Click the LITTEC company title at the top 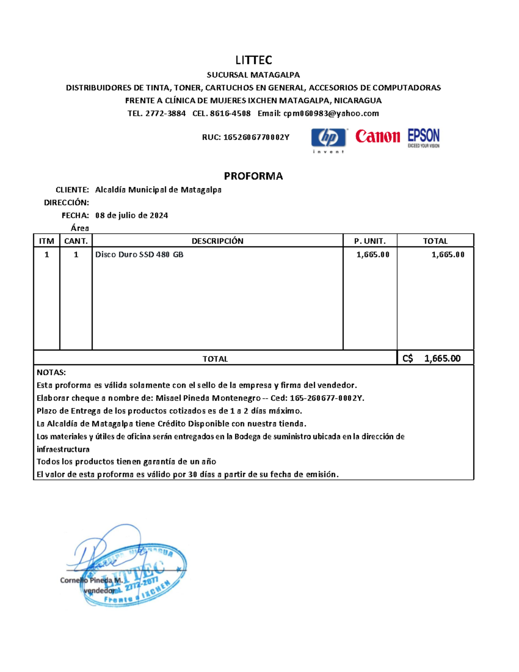click(253, 60)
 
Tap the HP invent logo click(329, 139)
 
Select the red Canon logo click(378, 137)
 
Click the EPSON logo click(423, 138)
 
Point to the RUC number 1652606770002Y click(256, 138)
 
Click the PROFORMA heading click(253, 176)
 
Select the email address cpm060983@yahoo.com click(331, 113)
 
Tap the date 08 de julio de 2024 click(131, 215)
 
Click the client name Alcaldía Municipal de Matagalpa click(158, 190)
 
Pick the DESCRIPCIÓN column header click(217, 241)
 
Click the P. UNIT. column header click(369, 241)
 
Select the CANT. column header click(76, 241)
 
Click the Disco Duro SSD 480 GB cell click(139, 255)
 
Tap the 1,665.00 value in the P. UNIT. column click(373, 255)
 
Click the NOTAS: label click(51, 373)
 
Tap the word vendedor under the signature click(99, 591)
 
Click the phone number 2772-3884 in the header click(165, 113)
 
